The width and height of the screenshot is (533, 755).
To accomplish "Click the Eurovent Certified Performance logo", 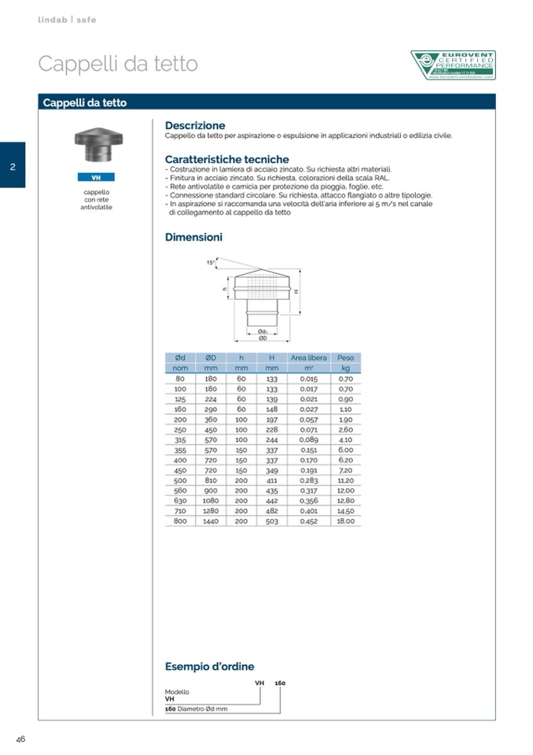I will [x=453, y=65].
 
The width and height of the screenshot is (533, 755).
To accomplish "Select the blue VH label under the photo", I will [x=96, y=178].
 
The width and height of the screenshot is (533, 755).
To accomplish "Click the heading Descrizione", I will [x=195, y=125].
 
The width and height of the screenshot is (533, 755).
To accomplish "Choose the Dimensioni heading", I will [x=193, y=237].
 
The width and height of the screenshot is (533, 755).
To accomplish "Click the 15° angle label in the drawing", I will [x=211, y=262].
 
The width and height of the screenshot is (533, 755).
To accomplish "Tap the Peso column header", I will [x=345, y=357].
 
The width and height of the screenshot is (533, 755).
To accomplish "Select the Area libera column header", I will [x=308, y=357].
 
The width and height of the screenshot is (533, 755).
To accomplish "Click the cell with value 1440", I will [x=211, y=521].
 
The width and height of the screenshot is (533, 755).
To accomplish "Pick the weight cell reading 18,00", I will [x=346, y=521].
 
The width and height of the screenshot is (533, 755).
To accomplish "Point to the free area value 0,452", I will [x=308, y=521].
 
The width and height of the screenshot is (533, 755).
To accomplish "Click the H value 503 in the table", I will [x=272, y=521].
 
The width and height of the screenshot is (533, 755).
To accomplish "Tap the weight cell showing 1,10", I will [x=346, y=409].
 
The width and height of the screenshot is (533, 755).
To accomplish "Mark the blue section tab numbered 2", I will [x=13, y=165].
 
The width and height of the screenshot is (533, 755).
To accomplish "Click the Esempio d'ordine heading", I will [x=209, y=667].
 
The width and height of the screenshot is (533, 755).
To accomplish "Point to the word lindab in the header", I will [x=52, y=20].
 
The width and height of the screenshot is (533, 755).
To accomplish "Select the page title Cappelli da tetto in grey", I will [x=118, y=64].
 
